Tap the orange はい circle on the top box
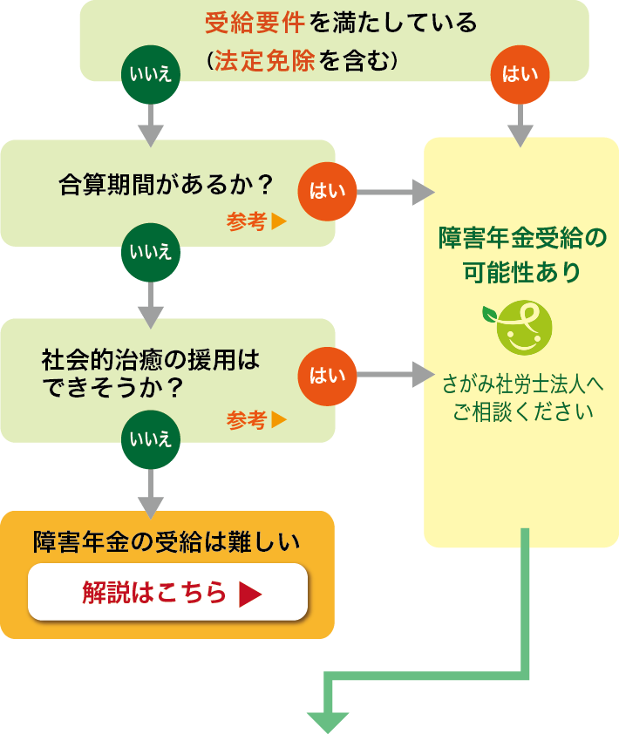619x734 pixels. point(520,73)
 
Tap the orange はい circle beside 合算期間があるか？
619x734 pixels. point(328,190)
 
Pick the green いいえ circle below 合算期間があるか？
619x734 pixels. point(151,253)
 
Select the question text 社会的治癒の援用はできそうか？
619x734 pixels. point(150,372)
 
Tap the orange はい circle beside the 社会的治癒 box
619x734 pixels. point(328,376)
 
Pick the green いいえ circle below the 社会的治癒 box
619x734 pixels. point(151,438)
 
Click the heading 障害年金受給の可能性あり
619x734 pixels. point(521,254)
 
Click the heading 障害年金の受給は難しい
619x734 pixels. point(167,541)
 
